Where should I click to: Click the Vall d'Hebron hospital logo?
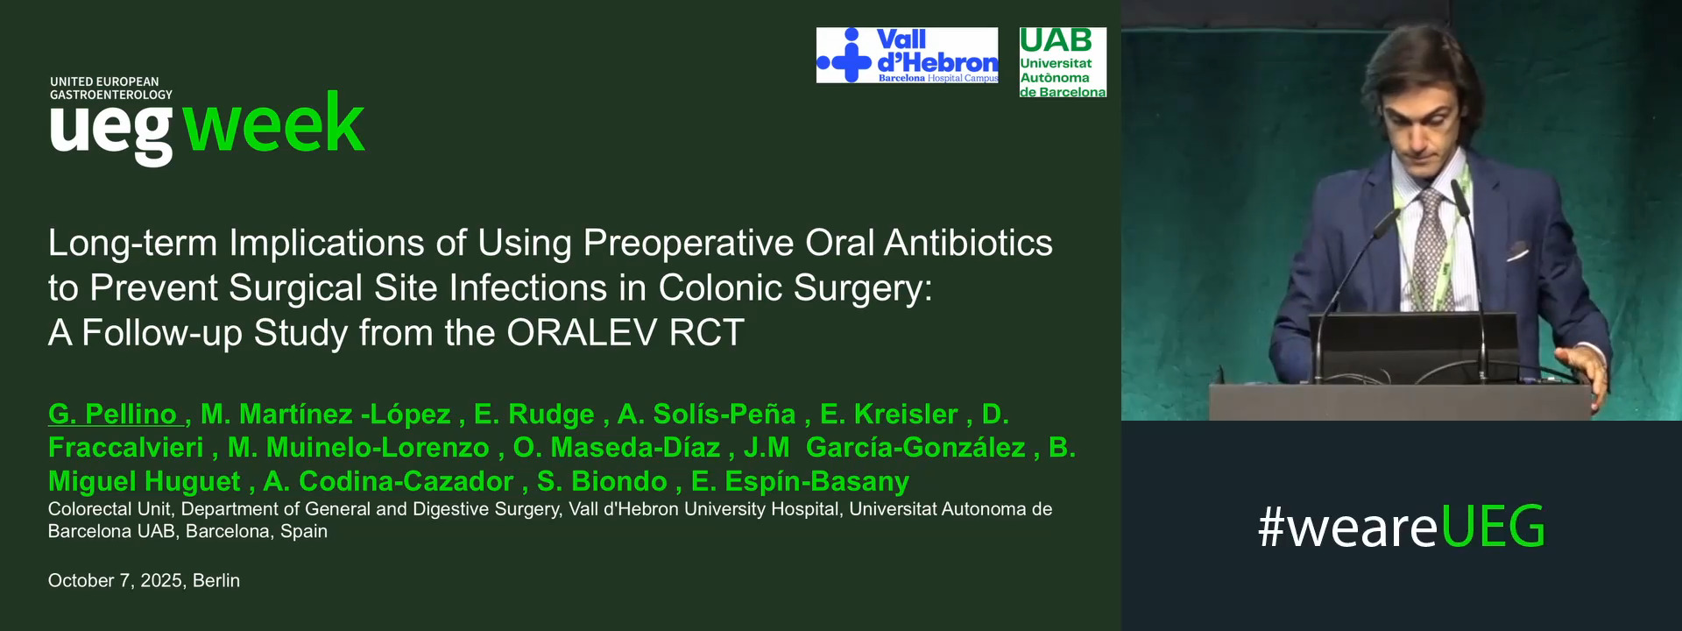(907, 55)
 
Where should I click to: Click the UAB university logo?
(1063, 62)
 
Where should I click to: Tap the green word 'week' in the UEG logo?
(274, 124)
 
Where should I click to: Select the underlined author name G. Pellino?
(113, 414)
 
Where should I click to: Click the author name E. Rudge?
(534, 414)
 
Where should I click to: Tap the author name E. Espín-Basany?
(800, 481)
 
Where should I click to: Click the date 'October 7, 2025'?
(115, 580)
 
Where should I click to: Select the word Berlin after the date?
(216, 580)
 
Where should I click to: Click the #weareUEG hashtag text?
(1401, 527)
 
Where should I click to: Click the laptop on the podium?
(1415, 346)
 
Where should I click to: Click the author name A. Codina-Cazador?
(388, 481)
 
